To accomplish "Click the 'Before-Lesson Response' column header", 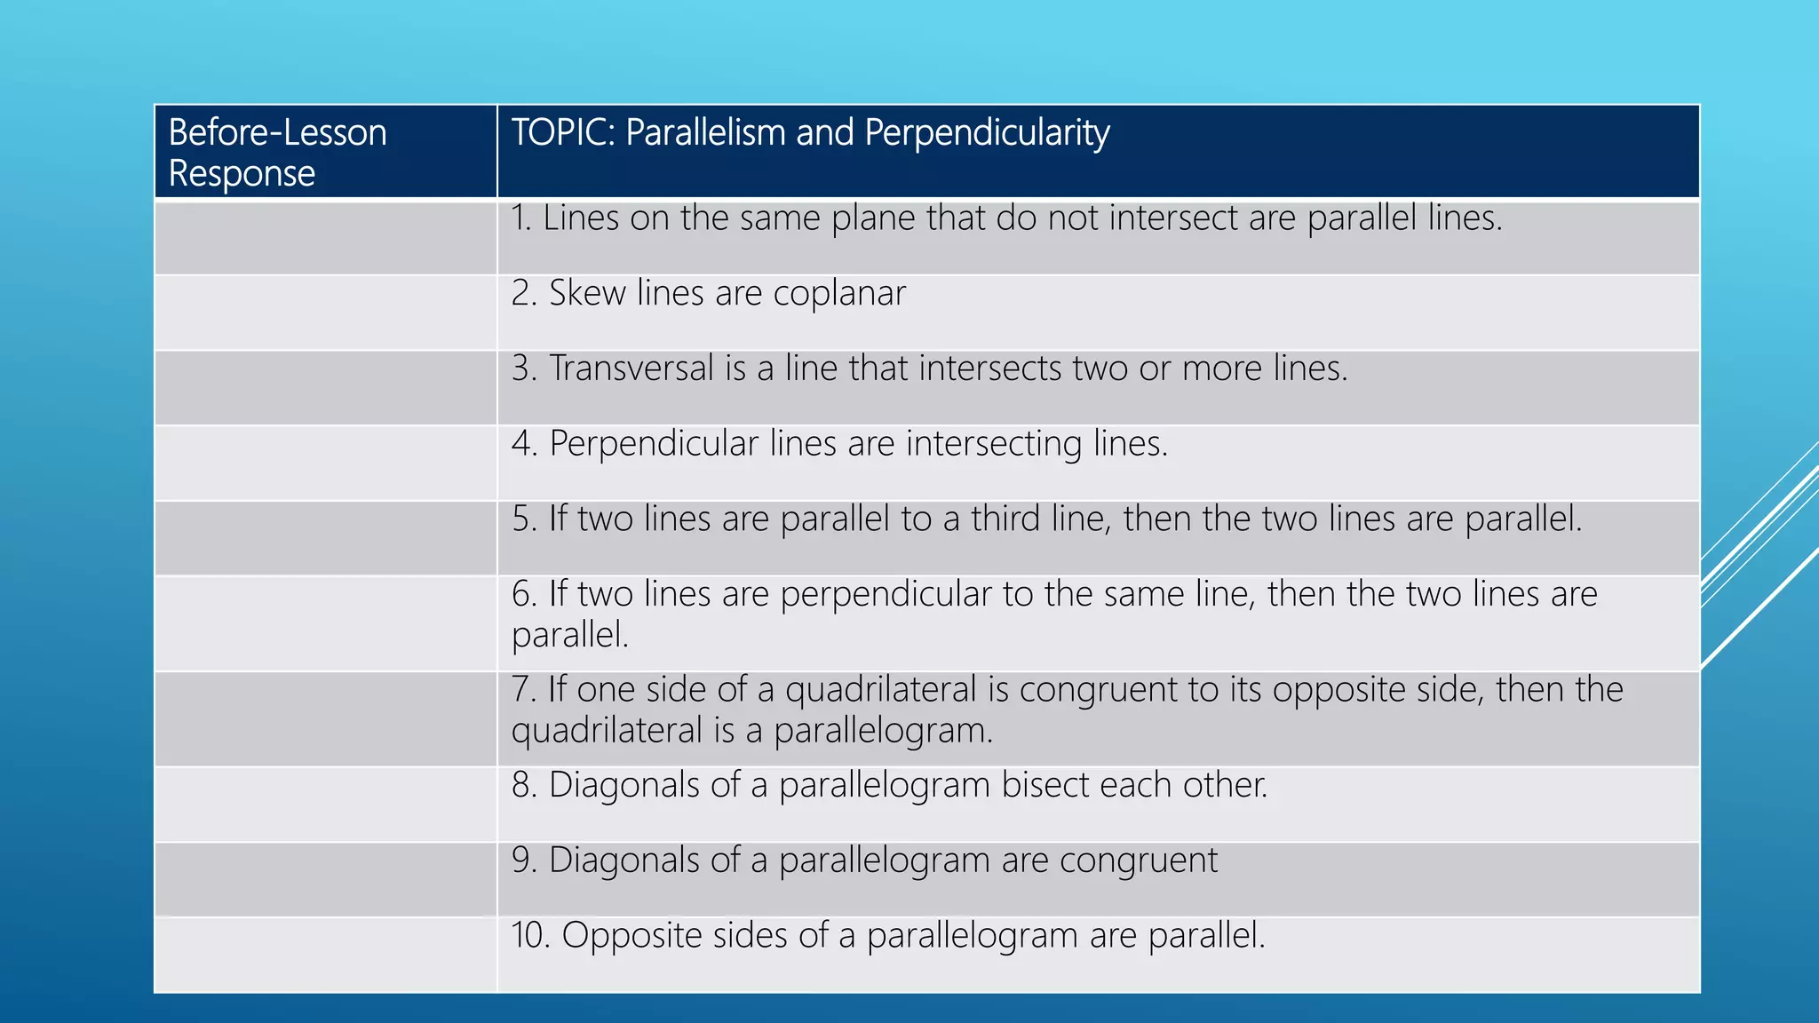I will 277,152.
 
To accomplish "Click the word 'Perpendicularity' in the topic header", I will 987,133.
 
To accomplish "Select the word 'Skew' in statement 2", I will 587,293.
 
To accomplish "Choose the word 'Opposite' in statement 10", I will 631,936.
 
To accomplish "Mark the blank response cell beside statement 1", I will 325,238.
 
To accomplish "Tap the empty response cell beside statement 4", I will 325,463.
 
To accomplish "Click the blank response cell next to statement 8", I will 325,804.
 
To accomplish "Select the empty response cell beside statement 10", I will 325,955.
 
